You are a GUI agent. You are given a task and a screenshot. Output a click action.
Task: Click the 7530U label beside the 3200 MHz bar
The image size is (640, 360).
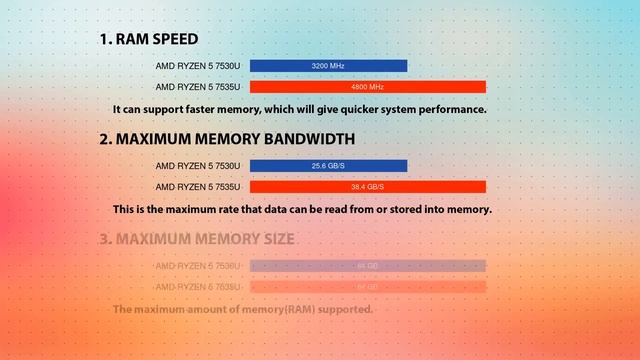(x=198, y=66)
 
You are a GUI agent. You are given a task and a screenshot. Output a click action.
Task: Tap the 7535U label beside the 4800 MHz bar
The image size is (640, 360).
(x=198, y=87)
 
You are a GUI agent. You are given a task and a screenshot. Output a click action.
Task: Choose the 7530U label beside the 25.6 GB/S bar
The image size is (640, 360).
(x=198, y=166)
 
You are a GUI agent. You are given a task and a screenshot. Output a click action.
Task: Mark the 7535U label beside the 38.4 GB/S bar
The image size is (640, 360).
(x=198, y=187)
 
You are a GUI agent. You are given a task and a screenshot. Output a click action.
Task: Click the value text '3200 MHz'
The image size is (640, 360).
(x=328, y=66)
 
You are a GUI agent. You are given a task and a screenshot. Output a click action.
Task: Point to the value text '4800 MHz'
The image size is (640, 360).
(x=368, y=87)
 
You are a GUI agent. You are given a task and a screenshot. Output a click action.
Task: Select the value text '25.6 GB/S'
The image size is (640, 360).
(x=328, y=166)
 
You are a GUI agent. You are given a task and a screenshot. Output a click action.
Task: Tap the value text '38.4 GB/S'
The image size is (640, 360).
(x=368, y=187)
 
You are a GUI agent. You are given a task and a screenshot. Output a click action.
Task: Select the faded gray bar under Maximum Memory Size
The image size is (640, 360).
(x=367, y=266)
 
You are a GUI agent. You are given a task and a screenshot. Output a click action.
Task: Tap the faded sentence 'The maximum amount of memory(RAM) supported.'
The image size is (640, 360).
(x=243, y=310)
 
